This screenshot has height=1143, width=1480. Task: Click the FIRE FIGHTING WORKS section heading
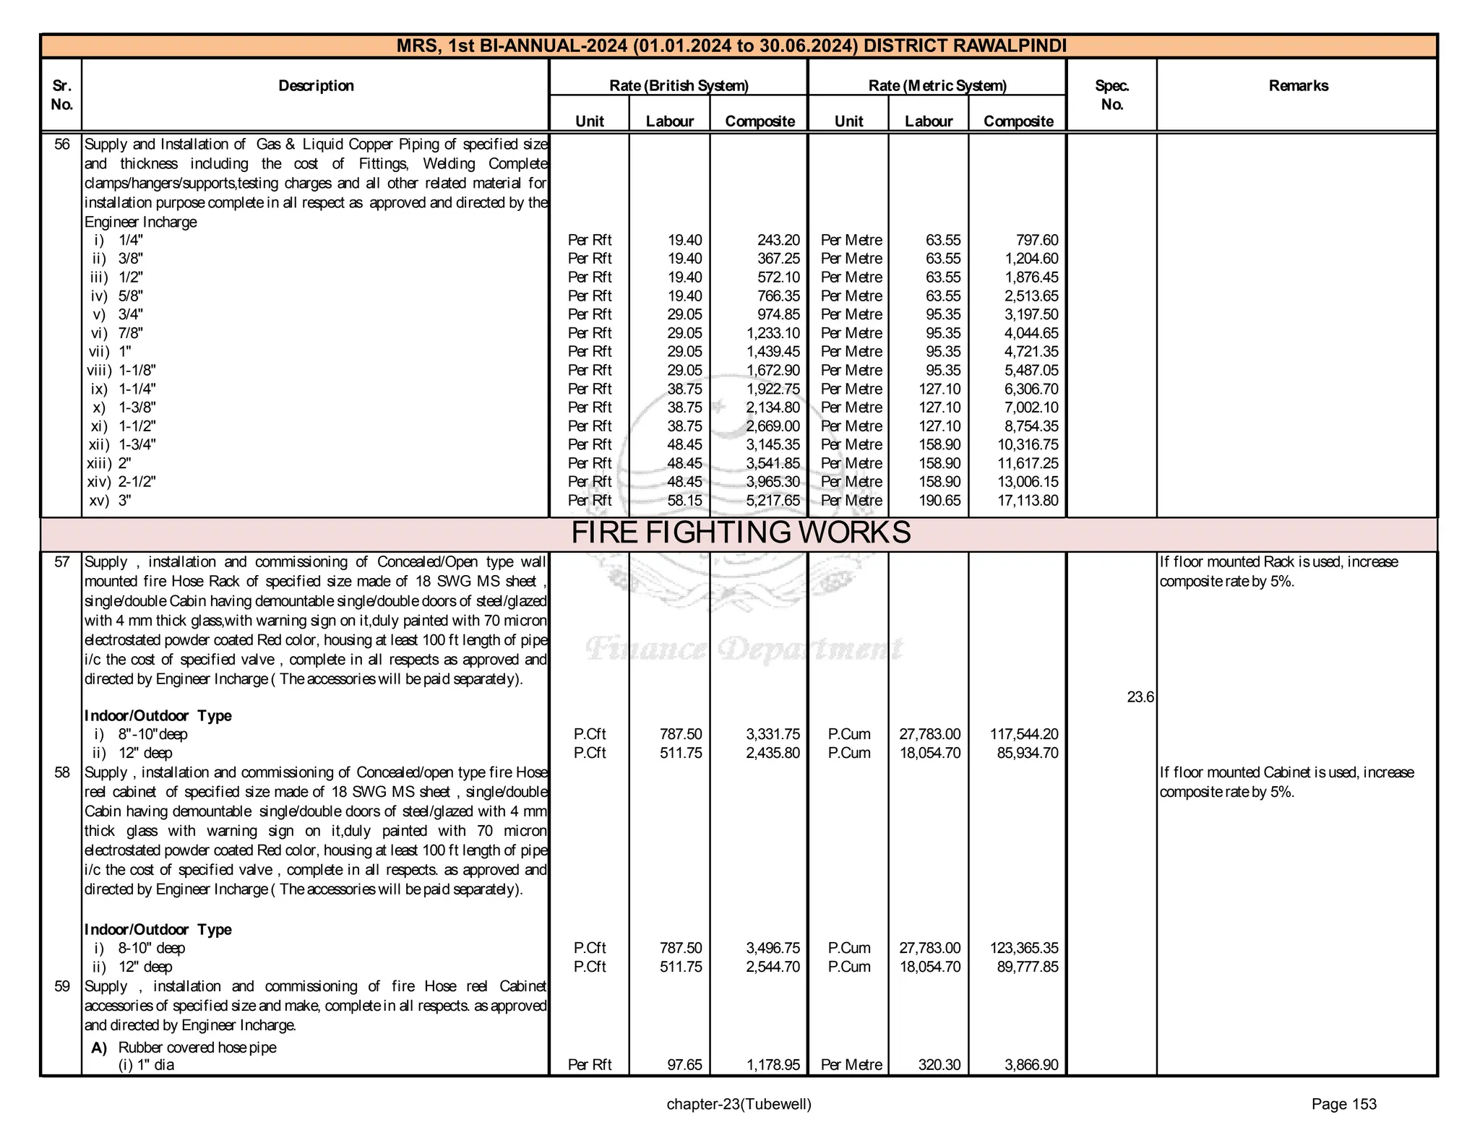pyautogui.click(x=740, y=533)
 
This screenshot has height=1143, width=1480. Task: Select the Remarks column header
pyautogui.click(x=1298, y=86)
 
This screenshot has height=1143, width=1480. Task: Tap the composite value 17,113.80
pyautogui.click(x=1027, y=501)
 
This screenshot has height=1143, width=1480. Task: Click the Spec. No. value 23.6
pyautogui.click(x=1140, y=697)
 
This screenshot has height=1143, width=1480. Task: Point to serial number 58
pyautogui.click(x=62, y=772)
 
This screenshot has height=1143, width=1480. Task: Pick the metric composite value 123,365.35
pyautogui.click(x=1023, y=948)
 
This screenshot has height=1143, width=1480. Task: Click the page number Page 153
pyautogui.click(x=1343, y=1104)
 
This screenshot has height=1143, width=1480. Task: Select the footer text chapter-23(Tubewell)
pyautogui.click(x=739, y=1104)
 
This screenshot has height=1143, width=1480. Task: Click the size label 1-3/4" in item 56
pyautogui.click(x=137, y=444)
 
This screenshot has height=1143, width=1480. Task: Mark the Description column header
pyautogui.click(x=316, y=86)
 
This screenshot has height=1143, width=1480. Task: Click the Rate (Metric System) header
pyautogui.click(x=937, y=86)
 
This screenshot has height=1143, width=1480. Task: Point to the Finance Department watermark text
pyautogui.click(x=744, y=649)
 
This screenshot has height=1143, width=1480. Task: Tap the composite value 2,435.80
pyautogui.click(x=773, y=753)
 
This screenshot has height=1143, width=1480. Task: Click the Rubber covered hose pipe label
pyautogui.click(x=197, y=1047)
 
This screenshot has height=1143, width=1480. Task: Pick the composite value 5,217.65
pyautogui.click(x=773, y=501)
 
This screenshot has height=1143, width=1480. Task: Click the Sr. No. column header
pyautogui.click(x=62, y=95)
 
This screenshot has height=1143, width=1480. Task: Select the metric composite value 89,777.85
pyautogui.click(x=1026, y=967)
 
